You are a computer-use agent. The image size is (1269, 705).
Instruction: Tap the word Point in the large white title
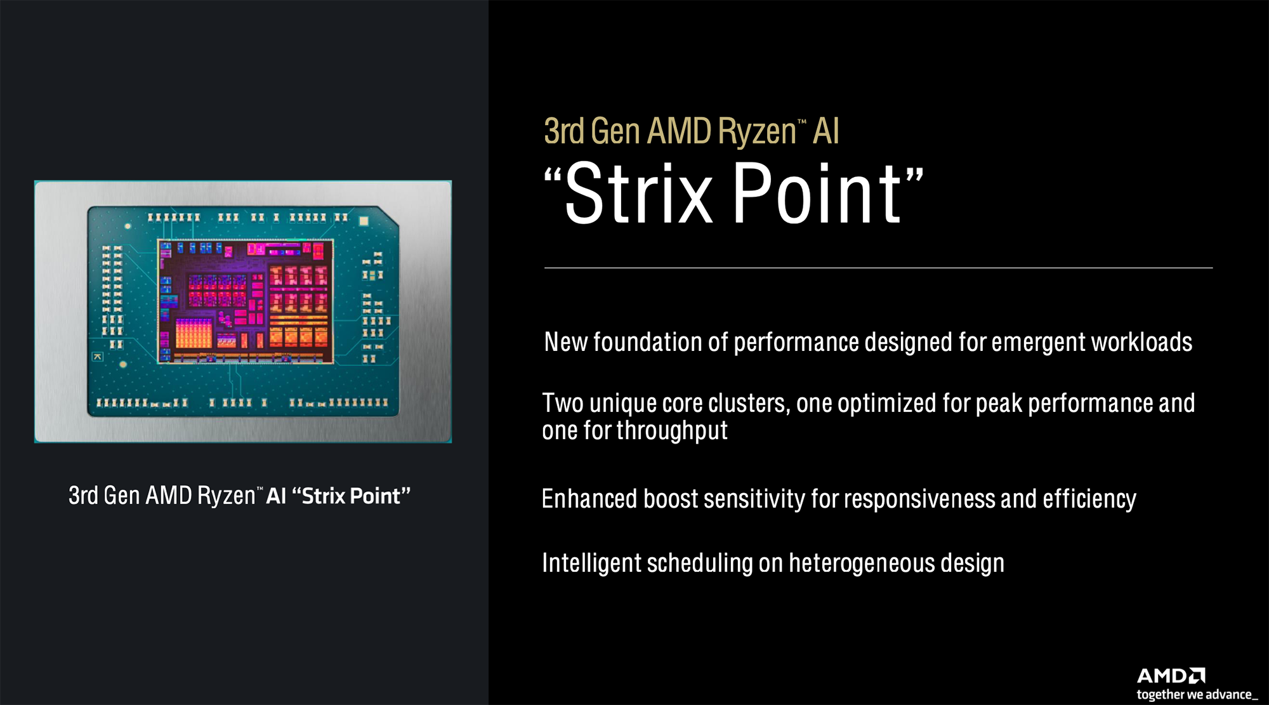tap(817, 192)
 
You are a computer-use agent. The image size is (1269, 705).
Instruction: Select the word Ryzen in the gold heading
tap(757, 132)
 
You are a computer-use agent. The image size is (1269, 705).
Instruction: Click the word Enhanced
tap(589, 499)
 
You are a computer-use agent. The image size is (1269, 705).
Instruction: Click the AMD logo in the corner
tap(1171, 675)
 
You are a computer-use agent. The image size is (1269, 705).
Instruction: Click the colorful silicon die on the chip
tap(246, 301)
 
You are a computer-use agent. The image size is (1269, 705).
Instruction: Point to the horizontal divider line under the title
tap(878, 268)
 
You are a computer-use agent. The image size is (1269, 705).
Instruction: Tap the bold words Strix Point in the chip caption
tap(351, 496)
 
